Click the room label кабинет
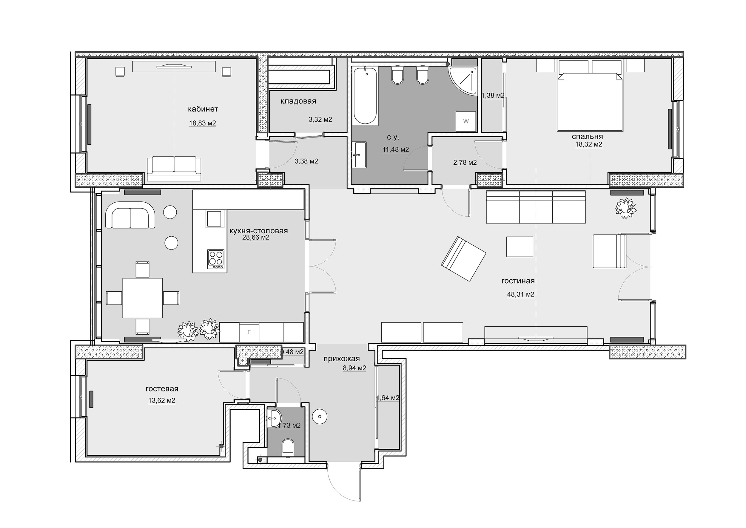pyautogui.click(x=203, y=109)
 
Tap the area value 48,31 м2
pyautogui.click(x=521, y=294)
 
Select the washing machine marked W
pyautogui.click(x=466, y=121)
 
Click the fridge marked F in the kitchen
pyautogui.click(x=249, y=332)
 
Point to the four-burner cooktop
pyautogui.click(x=216, y=259)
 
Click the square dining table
pyautogui.click(x=142, y=298)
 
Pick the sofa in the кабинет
pyautogui.click(x=174, y=168)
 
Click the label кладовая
pyautogui.click(x=298, y=101)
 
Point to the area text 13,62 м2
pyautogui.click(x=162, y=400)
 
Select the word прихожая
pyautogui.click(x=341, y=359)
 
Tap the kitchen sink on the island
pyautogui.click(x=215, y=219)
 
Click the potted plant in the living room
pyautogui.click(x=625, y=208)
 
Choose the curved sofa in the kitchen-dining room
pyautogui.click(x=130, y=215)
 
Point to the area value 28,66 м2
pyautogui.click(x=256, y=238)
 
